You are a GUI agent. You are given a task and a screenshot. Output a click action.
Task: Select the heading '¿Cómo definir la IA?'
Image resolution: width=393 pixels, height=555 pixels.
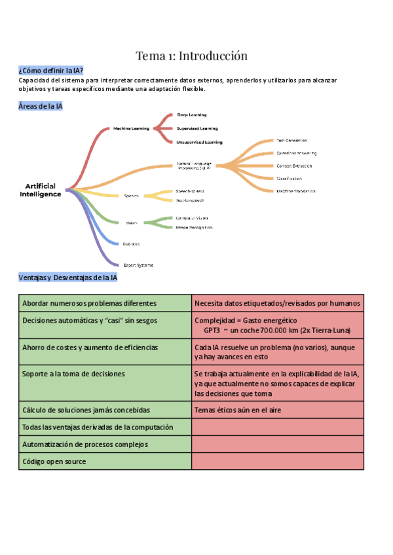click(51, 71)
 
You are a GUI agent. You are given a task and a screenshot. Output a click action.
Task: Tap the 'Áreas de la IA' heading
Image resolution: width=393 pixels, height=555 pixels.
click(41, 106)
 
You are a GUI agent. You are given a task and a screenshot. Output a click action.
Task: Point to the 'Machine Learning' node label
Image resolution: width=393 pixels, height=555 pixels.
click(131, 128)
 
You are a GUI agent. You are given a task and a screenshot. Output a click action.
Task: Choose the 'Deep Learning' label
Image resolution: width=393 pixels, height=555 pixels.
click(192, 115)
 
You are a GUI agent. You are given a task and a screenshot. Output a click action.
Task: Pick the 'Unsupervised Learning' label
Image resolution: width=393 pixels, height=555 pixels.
click(200, 142)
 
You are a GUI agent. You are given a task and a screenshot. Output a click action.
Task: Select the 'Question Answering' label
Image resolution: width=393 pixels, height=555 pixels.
click(296, 153)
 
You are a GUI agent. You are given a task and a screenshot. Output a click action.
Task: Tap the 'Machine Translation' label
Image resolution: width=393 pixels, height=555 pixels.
click(296, 191)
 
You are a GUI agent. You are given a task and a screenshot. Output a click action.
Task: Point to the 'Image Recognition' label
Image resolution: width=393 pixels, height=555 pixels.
click(194, 227)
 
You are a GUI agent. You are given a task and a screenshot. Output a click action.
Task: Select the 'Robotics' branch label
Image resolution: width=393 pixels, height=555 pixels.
click(132, 243)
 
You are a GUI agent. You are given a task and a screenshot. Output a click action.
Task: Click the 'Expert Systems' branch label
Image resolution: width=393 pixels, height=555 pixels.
click(138, 265)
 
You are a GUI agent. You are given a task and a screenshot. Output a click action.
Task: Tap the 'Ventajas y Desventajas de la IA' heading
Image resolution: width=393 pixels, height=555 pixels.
click(68, 277)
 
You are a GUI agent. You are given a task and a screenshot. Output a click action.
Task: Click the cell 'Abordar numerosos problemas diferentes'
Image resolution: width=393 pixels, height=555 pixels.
click(90, 304)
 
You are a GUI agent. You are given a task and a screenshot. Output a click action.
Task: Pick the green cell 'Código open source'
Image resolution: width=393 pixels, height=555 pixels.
click(54, 461)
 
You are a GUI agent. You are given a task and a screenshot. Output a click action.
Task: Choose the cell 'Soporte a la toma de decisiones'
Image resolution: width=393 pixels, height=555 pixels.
click(73, 374)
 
